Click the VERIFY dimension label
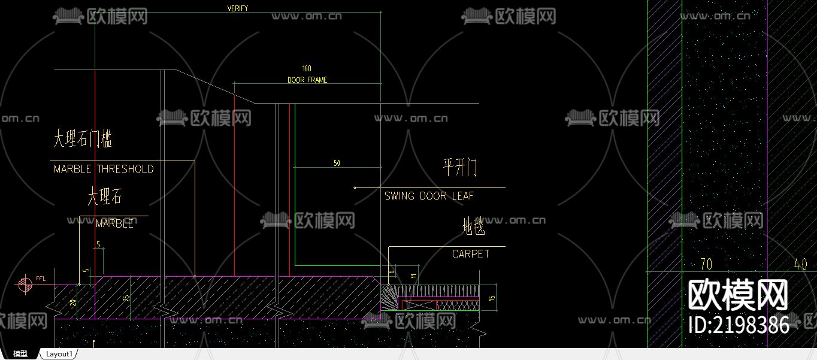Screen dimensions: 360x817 click(238, 8)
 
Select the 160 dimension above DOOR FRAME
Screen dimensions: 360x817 click(307, 68)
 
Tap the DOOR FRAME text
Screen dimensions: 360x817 click(307, 80)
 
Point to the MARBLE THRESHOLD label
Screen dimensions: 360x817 click(104, 169)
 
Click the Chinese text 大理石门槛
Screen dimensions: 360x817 click(83, 140)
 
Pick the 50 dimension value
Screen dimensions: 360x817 click(337, 163)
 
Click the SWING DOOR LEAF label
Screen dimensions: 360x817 click(429, 196)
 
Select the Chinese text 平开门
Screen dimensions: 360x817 click(460, 168)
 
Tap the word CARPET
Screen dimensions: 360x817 click(471, 254)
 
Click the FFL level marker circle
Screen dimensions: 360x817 click(25, 285)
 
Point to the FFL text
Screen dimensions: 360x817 click(41, 279)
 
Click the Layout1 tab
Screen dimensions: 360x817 click(59, 354)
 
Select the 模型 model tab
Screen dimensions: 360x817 click(20, 354)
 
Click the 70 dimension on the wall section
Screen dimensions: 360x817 click(706, 264)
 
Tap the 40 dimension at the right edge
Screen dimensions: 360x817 click(800, 264)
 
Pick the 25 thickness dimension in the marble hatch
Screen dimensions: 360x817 click(126, 298)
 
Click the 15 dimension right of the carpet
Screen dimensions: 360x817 click(492, 298)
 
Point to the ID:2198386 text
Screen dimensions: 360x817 click(739, 325)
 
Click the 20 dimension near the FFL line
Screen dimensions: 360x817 click(73, 302)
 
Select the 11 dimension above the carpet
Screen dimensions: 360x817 click(413, 276)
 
